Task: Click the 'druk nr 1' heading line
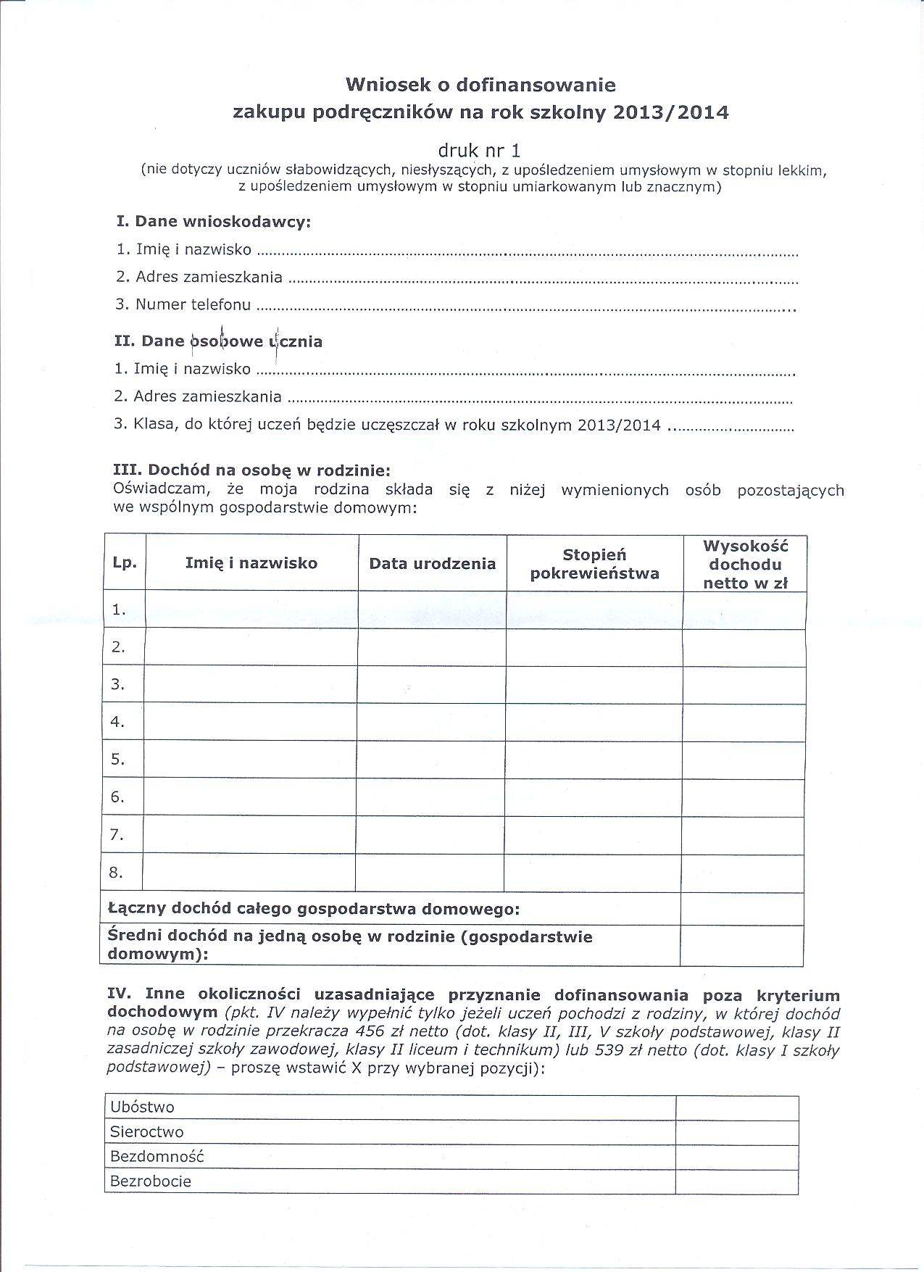tap(479, 151)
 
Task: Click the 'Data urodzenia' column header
tap(432, 564)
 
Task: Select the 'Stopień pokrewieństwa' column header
tap(594, 565)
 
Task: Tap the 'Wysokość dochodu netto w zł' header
tap(745, 565)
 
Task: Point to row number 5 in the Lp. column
tap(118, 760)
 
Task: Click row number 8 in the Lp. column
tap(117, 873)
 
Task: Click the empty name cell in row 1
tap(251, 610)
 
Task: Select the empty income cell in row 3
tap(744, 685)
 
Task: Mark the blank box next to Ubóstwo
tap(736, 1107)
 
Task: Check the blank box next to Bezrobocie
tap(736, 1181)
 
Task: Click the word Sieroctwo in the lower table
tap(146, 1132)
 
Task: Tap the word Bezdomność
tap(157, 1157)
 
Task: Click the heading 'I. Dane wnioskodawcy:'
tap(214, 222)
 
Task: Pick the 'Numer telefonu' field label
tap(193, 305)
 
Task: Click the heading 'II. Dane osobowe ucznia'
tap(218, 341)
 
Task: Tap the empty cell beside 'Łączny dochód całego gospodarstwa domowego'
tap(741, 909)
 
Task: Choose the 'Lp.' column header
tap(125, 563)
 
